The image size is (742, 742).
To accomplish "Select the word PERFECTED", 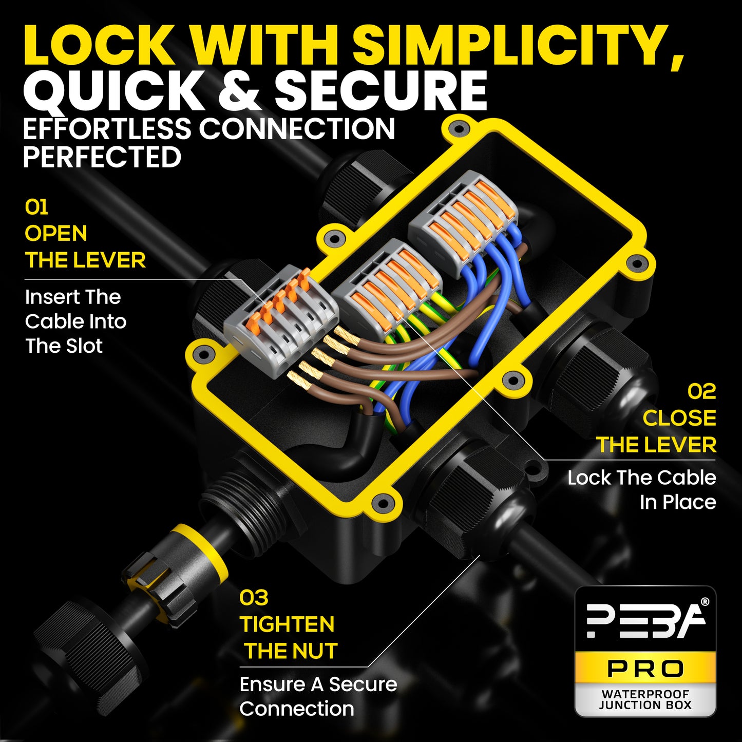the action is (102, 157).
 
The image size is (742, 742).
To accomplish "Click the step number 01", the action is (36, 207).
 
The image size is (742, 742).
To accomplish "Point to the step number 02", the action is (701, 392).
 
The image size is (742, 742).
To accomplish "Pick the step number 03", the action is (254, 598).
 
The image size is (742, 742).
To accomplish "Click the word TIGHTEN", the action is (287, 624).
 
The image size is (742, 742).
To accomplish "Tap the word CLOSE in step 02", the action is (679, 418).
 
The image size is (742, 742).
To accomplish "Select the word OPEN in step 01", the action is (56, 233).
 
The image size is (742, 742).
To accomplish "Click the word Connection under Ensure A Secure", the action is (297, 709).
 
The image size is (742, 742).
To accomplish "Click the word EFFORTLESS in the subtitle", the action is (107, 128).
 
